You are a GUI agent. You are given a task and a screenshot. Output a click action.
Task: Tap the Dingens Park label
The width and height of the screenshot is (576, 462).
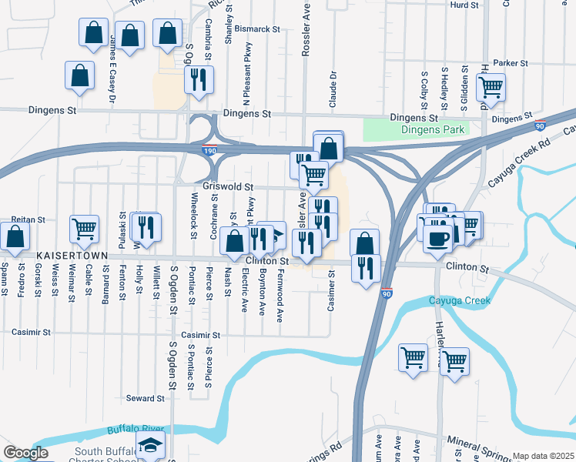click(x=433, y=130)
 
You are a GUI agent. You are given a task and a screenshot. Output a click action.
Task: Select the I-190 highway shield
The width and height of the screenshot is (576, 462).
click(x=209, y=153)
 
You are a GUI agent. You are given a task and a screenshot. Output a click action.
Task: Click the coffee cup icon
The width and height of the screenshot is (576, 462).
click(x=438, y=238)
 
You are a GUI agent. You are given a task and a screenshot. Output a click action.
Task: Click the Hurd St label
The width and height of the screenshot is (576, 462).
click(x=464, y=5)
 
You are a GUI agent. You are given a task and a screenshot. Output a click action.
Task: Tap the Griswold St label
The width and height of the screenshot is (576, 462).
click(x=228, y=187)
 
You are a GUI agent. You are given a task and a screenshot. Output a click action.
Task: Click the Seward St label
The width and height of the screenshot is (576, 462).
click(x=146, y=399)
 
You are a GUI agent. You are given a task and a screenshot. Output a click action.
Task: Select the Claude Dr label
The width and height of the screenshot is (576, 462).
click(x=333, y=89)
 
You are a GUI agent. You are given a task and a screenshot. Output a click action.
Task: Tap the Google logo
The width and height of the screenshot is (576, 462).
click(x=25, y=453)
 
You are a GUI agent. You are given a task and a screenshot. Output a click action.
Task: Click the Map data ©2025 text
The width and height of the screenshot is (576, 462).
click(x=543, y=456)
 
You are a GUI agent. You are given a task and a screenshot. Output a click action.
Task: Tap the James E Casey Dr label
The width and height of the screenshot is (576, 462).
click(x=112, y=69)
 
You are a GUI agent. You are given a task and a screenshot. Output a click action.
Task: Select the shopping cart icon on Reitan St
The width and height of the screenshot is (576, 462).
click(x=84, y=229)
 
